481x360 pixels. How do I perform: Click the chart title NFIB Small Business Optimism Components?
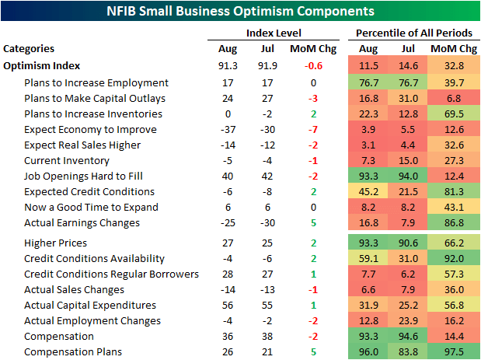240,12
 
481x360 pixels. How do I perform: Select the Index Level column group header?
274,33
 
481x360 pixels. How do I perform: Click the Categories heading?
30,48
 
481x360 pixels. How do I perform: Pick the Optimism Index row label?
42,66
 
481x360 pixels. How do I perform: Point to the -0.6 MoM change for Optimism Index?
312,66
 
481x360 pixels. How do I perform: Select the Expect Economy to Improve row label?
90,129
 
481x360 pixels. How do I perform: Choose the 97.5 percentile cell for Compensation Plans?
453,351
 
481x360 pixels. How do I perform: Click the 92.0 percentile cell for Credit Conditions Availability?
453,258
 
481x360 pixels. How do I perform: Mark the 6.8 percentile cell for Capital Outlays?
455,98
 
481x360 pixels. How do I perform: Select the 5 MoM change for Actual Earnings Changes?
312,222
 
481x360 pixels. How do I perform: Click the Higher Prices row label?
56,243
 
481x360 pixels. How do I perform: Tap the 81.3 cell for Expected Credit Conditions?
453,191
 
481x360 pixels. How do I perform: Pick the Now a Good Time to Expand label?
91,207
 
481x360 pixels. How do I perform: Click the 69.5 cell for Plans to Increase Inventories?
453,114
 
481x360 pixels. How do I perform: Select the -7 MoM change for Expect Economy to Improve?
312,129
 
